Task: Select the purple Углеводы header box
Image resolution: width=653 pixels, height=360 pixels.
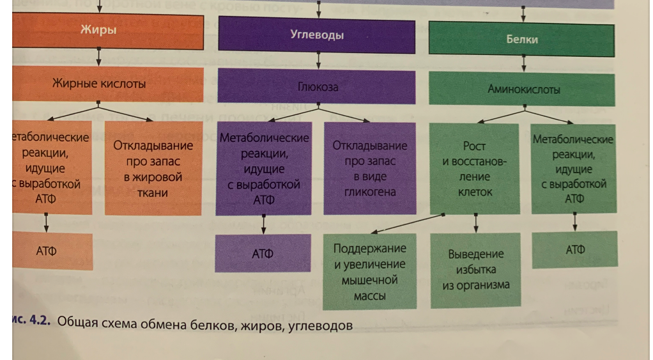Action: tap(317, 35)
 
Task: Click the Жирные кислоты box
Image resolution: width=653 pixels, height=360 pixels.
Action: tap(98, 83)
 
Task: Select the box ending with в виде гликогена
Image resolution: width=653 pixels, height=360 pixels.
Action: tap(370, 168)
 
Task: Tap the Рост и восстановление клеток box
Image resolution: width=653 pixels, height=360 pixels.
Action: tap(475, 169)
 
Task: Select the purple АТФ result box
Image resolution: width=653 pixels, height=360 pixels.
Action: tap(263, 253)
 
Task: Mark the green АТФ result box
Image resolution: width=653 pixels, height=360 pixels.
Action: tap(575, 250)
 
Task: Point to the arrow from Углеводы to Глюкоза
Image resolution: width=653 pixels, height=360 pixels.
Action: tap(318, 60)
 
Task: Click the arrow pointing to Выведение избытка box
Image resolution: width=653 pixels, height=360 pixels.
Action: tap(476, 223)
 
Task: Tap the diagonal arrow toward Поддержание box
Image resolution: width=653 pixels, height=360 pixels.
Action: tap(409, 223)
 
